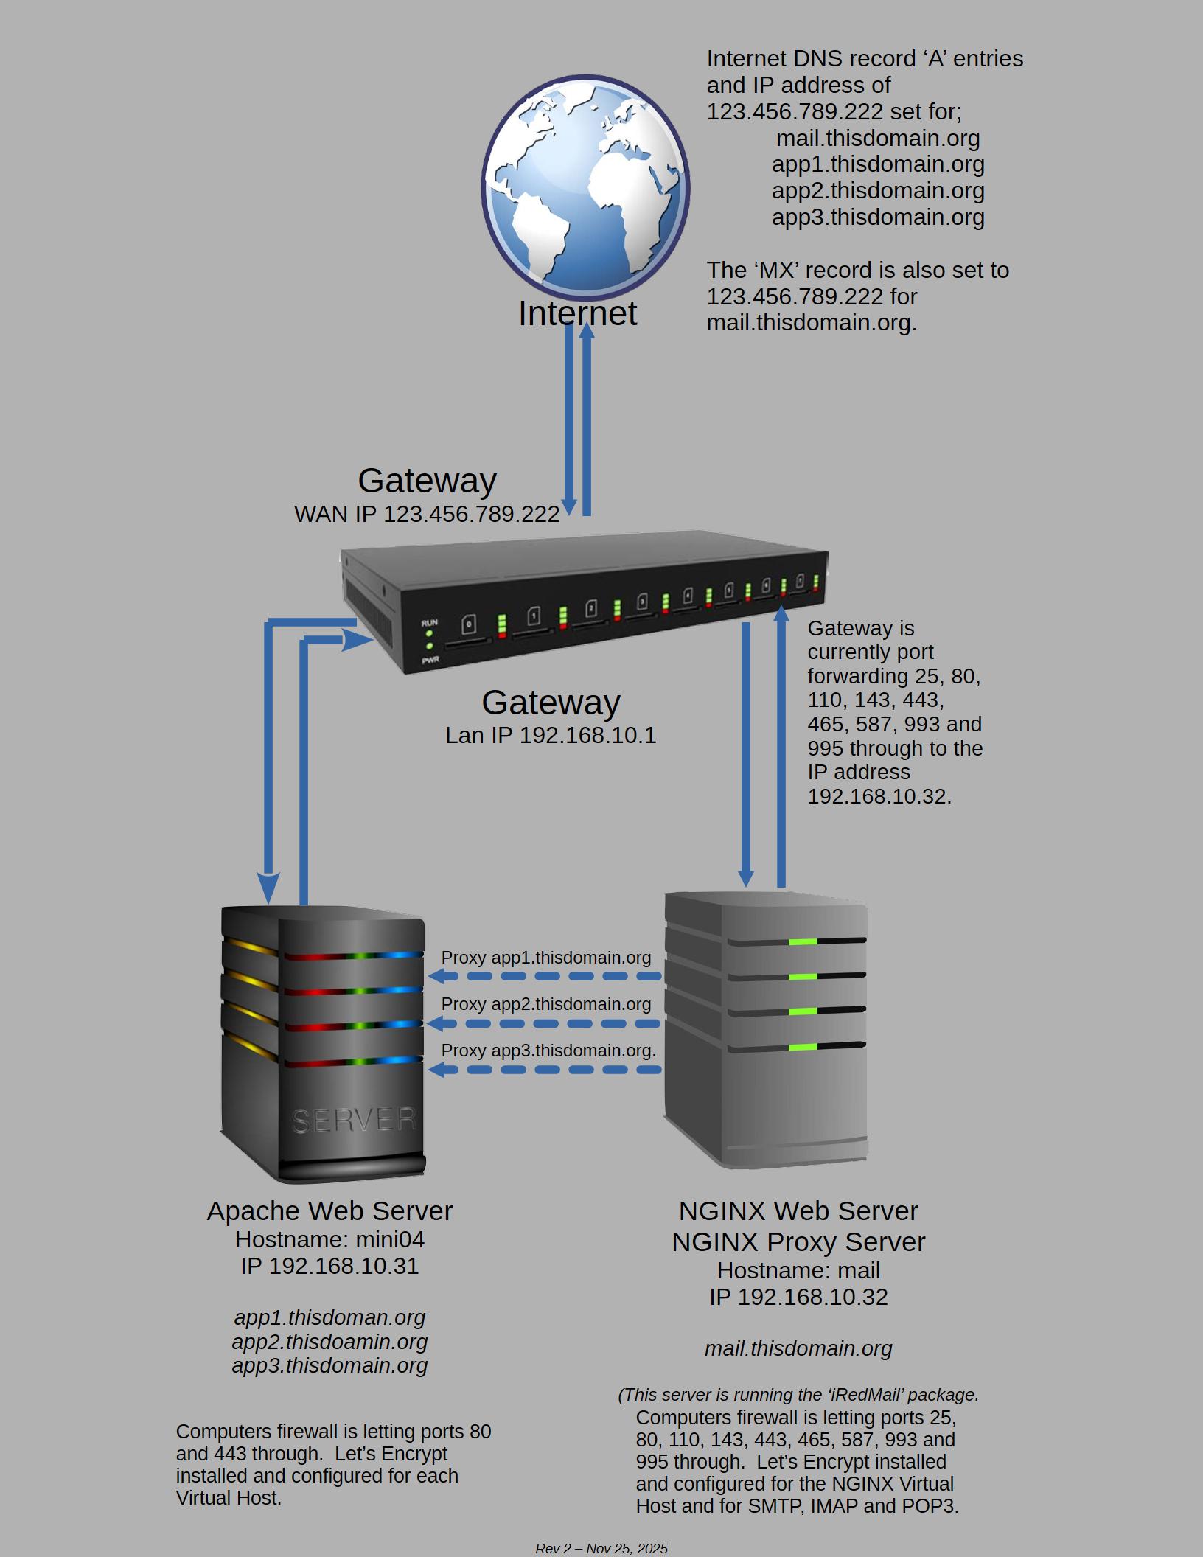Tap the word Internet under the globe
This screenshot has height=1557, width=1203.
(577, 313)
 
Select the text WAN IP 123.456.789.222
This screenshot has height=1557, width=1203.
(427, 514)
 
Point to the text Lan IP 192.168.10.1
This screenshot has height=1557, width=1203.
(551, 735)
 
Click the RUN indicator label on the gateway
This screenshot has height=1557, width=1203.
(429, 623)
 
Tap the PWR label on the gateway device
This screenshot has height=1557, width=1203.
(430, 660)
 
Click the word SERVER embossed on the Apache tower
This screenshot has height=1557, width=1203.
(354, 1121)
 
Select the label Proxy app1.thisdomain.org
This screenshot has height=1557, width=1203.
(546, 958)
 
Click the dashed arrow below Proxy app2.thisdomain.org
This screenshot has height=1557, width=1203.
(545, 1023)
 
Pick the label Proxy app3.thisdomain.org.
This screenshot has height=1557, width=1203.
(548, 1051)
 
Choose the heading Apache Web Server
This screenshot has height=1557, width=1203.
(329, 1211)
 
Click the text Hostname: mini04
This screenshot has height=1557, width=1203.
(329, 1240)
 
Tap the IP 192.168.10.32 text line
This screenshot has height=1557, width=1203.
(798, 1297)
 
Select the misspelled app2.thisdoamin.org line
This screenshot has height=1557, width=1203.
(329, 1341)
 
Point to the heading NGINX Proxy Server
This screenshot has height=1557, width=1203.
(798, 1242)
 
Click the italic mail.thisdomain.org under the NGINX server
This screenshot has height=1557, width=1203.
(798, 1348)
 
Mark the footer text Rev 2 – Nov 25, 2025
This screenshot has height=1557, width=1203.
(601, 1548)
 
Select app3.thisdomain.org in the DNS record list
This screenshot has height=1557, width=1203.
(878, 217)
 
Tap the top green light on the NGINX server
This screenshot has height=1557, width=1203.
(803, 941)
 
